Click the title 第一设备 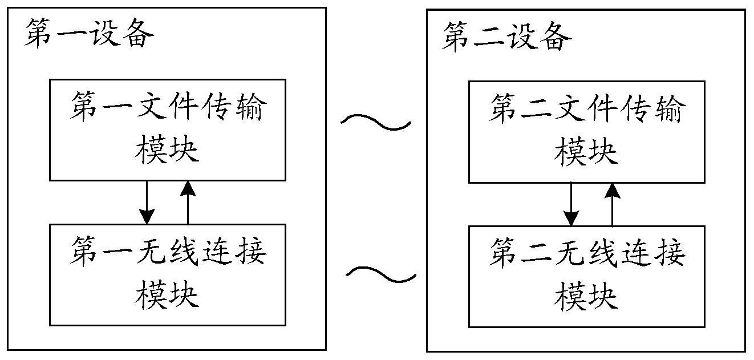[x=90, y=33]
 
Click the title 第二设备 [x=506, y=36]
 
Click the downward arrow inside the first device [x=147, y=203]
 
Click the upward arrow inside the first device [x=188, y=203]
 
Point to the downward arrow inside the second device [x=571, y=204]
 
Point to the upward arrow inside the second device [x=613, y=204]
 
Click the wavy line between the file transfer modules [x=376, y=122]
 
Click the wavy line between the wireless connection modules [x=380, y=274]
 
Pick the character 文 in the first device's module [x=152, y=106]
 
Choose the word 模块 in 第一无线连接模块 [x=167, y=295]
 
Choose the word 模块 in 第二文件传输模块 [x=586, y=152]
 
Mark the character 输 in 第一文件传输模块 [x=251, y=106]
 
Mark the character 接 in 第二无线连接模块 [x=670, y=253]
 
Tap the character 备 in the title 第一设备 [x=139, y=33]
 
